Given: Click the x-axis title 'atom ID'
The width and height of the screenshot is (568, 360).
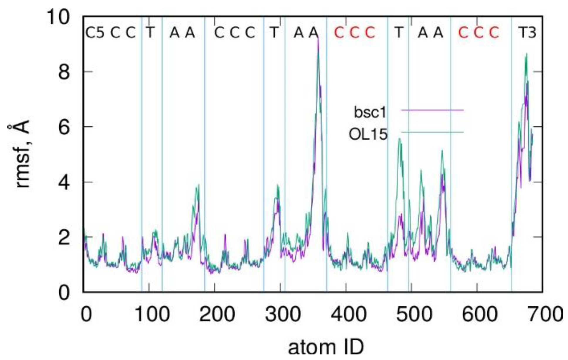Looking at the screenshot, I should click(326, 348).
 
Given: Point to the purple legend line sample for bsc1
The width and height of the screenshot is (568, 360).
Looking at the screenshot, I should click(432, 110).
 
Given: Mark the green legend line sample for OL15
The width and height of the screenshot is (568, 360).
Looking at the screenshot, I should click(432, 132).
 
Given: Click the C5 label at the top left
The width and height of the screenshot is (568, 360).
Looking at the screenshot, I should click(95, 32).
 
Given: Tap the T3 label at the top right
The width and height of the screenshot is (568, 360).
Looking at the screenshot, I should click(527, 32).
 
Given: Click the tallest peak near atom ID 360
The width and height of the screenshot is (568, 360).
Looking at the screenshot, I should click(318, 40).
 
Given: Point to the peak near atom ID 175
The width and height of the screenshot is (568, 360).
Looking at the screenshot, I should click(199, 185).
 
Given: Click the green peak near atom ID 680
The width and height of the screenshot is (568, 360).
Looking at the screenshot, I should click(526, 54).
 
